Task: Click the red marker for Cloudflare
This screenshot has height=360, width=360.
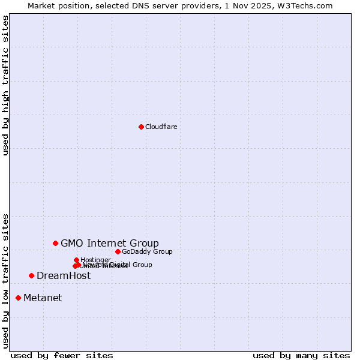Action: coord(141,127)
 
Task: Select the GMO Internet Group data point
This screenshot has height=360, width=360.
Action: coord(55,243)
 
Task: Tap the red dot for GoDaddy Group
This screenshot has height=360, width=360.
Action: coord(118,251)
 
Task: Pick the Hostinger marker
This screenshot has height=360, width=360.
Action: coord(76,260)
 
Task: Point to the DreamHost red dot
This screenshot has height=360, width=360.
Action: coord(31,275)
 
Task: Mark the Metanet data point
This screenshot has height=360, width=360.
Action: coord(18,298)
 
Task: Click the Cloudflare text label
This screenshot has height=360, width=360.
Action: coord(161,127)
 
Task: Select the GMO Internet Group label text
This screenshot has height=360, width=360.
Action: coord(110,243)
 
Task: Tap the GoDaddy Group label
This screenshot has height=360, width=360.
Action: coord(147,251)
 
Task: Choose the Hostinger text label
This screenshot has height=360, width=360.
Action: coord(95,260)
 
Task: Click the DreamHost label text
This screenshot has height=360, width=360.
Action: coord(64,275)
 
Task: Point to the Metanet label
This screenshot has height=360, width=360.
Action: coord(43,298)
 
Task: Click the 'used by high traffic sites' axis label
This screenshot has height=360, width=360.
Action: coord(5,85)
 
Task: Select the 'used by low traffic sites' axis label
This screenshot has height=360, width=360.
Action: coord(5,280)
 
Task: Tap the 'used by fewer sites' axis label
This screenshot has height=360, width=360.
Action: coord(62,355)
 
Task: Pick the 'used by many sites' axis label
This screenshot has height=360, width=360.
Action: coord(301,355)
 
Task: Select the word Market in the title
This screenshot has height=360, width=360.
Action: coord(41,5)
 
